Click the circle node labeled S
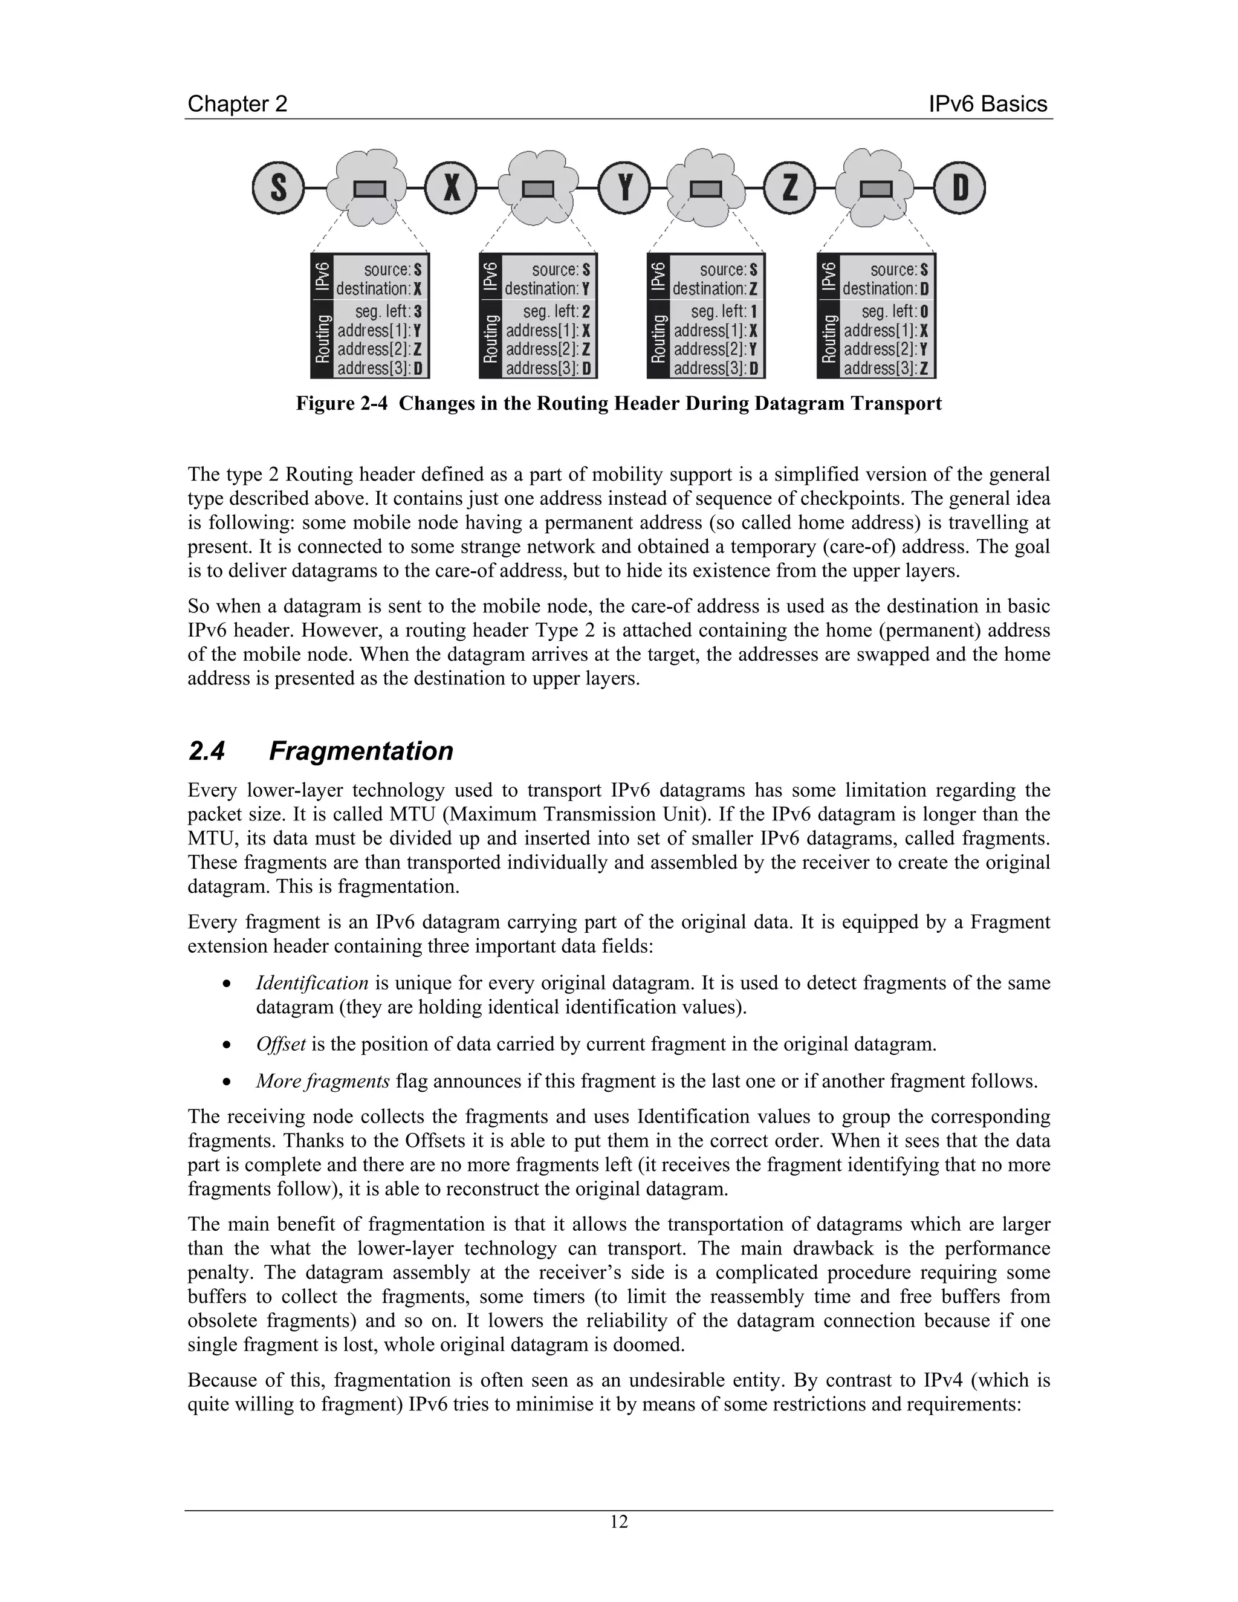[x=278, y=189]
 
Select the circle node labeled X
[x=451, y=189]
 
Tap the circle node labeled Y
[x=624, y=189]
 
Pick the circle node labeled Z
[x=790, y=189]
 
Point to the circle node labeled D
[x=959, y=189]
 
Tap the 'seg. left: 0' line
[x=895, y=311]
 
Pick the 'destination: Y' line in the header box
[x=547, y=289]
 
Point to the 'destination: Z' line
[x=715, y=289]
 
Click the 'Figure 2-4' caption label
[x=341, y=403]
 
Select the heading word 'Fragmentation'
[x=361, y=751]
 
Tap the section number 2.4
[x=207, y=751]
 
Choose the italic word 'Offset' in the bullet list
[x=280, y=1044]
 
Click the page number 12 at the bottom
[x=619, y=1522]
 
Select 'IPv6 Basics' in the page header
[x=987, y=104]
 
